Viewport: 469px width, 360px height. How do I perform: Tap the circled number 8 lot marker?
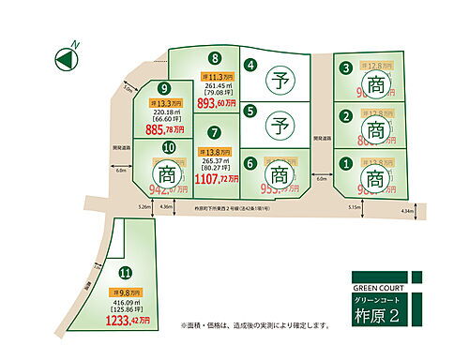216,57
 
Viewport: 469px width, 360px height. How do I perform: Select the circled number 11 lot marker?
125,274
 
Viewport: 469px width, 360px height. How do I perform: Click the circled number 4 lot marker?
250,66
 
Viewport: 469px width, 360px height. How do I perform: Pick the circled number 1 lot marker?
345,163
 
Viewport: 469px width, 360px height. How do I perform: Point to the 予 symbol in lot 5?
279,121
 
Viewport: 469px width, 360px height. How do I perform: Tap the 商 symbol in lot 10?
168,174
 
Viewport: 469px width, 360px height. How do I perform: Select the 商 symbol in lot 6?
279,173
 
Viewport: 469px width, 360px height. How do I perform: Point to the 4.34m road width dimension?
406,212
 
